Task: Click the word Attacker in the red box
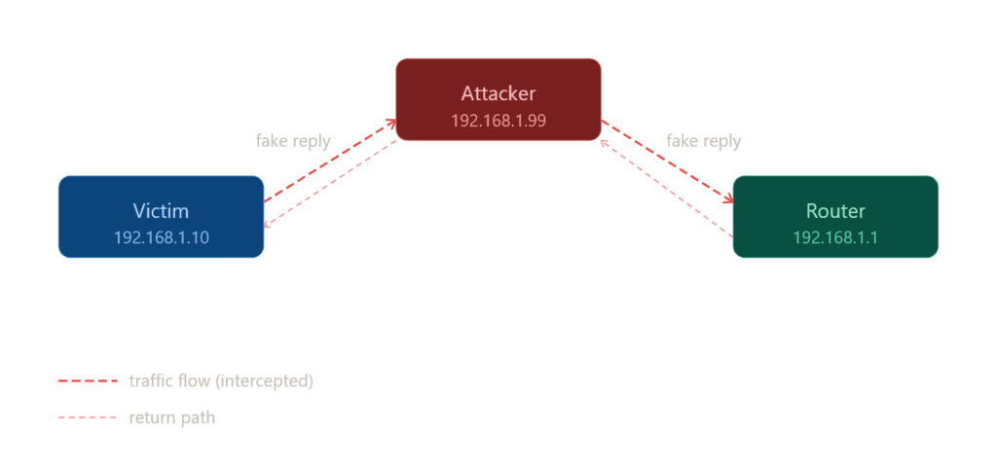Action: point(498,94)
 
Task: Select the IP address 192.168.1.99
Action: point(498,121)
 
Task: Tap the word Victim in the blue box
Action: point(161,211)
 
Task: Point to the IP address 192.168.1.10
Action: point(161,237)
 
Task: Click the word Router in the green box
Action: point(835,211)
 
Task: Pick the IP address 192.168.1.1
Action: point(835,237)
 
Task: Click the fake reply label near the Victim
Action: point(293,141)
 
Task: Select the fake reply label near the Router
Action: point(703,141)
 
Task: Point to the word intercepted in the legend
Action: point(266,381)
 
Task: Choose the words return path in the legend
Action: point(171,418)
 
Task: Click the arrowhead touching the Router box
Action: point(727,198)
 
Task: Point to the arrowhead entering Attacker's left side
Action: point(390,123)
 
